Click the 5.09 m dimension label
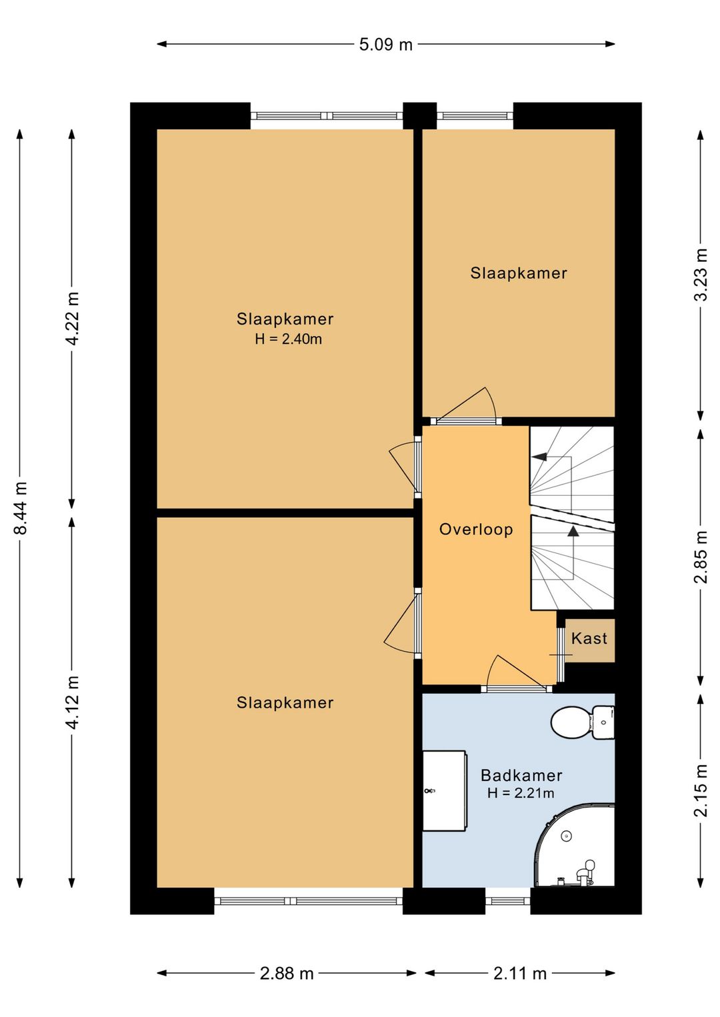(385, 45)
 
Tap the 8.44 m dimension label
(21, 508)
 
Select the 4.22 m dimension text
(72, 319)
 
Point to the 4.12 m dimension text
(72, 702)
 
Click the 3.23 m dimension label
(701, 274)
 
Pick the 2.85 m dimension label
(701, 556)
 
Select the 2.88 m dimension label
(287, 974)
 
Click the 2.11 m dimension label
(520, 974)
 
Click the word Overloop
(476, 529)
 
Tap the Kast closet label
(589, 638)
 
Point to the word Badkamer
(521, 775)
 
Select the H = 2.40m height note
(289, 339)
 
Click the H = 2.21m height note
(521, 793)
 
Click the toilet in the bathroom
(583, 722)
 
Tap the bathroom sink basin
(445, 790)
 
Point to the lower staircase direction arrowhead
(574, 530)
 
